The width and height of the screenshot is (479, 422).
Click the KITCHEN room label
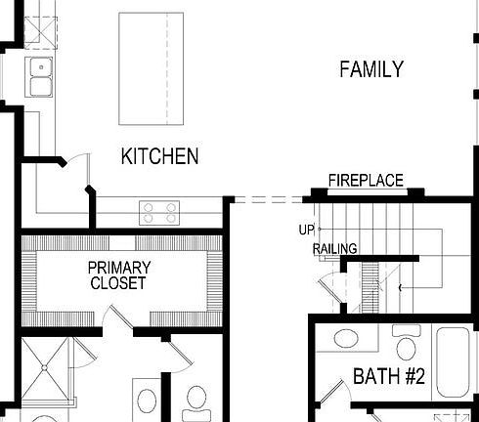point(159,156)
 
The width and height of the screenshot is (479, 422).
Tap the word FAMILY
point(370,69)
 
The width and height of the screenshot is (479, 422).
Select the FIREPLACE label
point(366,181)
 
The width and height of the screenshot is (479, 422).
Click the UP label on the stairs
point(306,231)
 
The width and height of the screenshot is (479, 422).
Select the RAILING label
point(334,249)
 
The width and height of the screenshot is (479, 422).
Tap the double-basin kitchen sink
point(40,77)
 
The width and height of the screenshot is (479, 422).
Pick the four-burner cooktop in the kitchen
point(160,211)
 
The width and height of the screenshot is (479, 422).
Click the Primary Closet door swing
point(119,316)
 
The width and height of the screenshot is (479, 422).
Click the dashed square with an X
point(41,29)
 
